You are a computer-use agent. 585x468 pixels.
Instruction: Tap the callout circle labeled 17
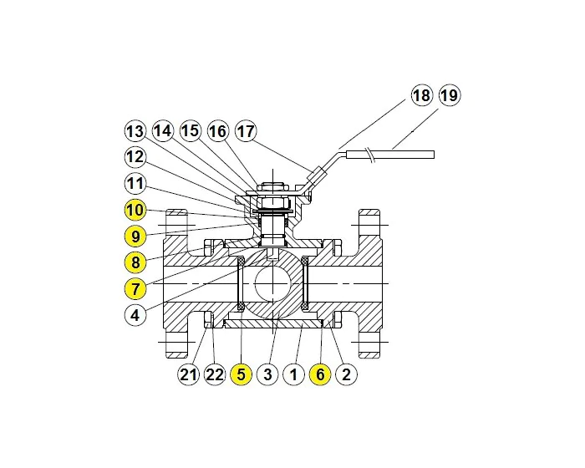pos(246,131)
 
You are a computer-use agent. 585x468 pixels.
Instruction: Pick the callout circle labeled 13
pos(135,131)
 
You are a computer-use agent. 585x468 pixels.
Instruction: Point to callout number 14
pos(162,131)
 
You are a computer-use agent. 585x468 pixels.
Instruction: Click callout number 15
pos(191,131)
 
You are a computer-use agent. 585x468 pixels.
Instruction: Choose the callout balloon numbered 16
pos(218,131)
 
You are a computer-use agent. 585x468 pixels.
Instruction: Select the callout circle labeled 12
pos(135,157)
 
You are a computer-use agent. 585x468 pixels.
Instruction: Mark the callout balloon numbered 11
pos(135,183)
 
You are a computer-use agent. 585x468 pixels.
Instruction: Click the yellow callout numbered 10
pos(135,209)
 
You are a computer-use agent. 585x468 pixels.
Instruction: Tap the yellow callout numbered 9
pos(135,236)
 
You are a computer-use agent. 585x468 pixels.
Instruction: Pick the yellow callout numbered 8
pos(135,262)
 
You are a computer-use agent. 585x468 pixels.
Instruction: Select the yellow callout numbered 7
pos(135,289)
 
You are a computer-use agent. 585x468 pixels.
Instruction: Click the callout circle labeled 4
pos(135,316)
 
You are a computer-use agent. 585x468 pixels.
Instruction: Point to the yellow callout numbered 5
pos(241,375)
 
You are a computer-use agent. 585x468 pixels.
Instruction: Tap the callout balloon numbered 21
pos(188,375)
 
